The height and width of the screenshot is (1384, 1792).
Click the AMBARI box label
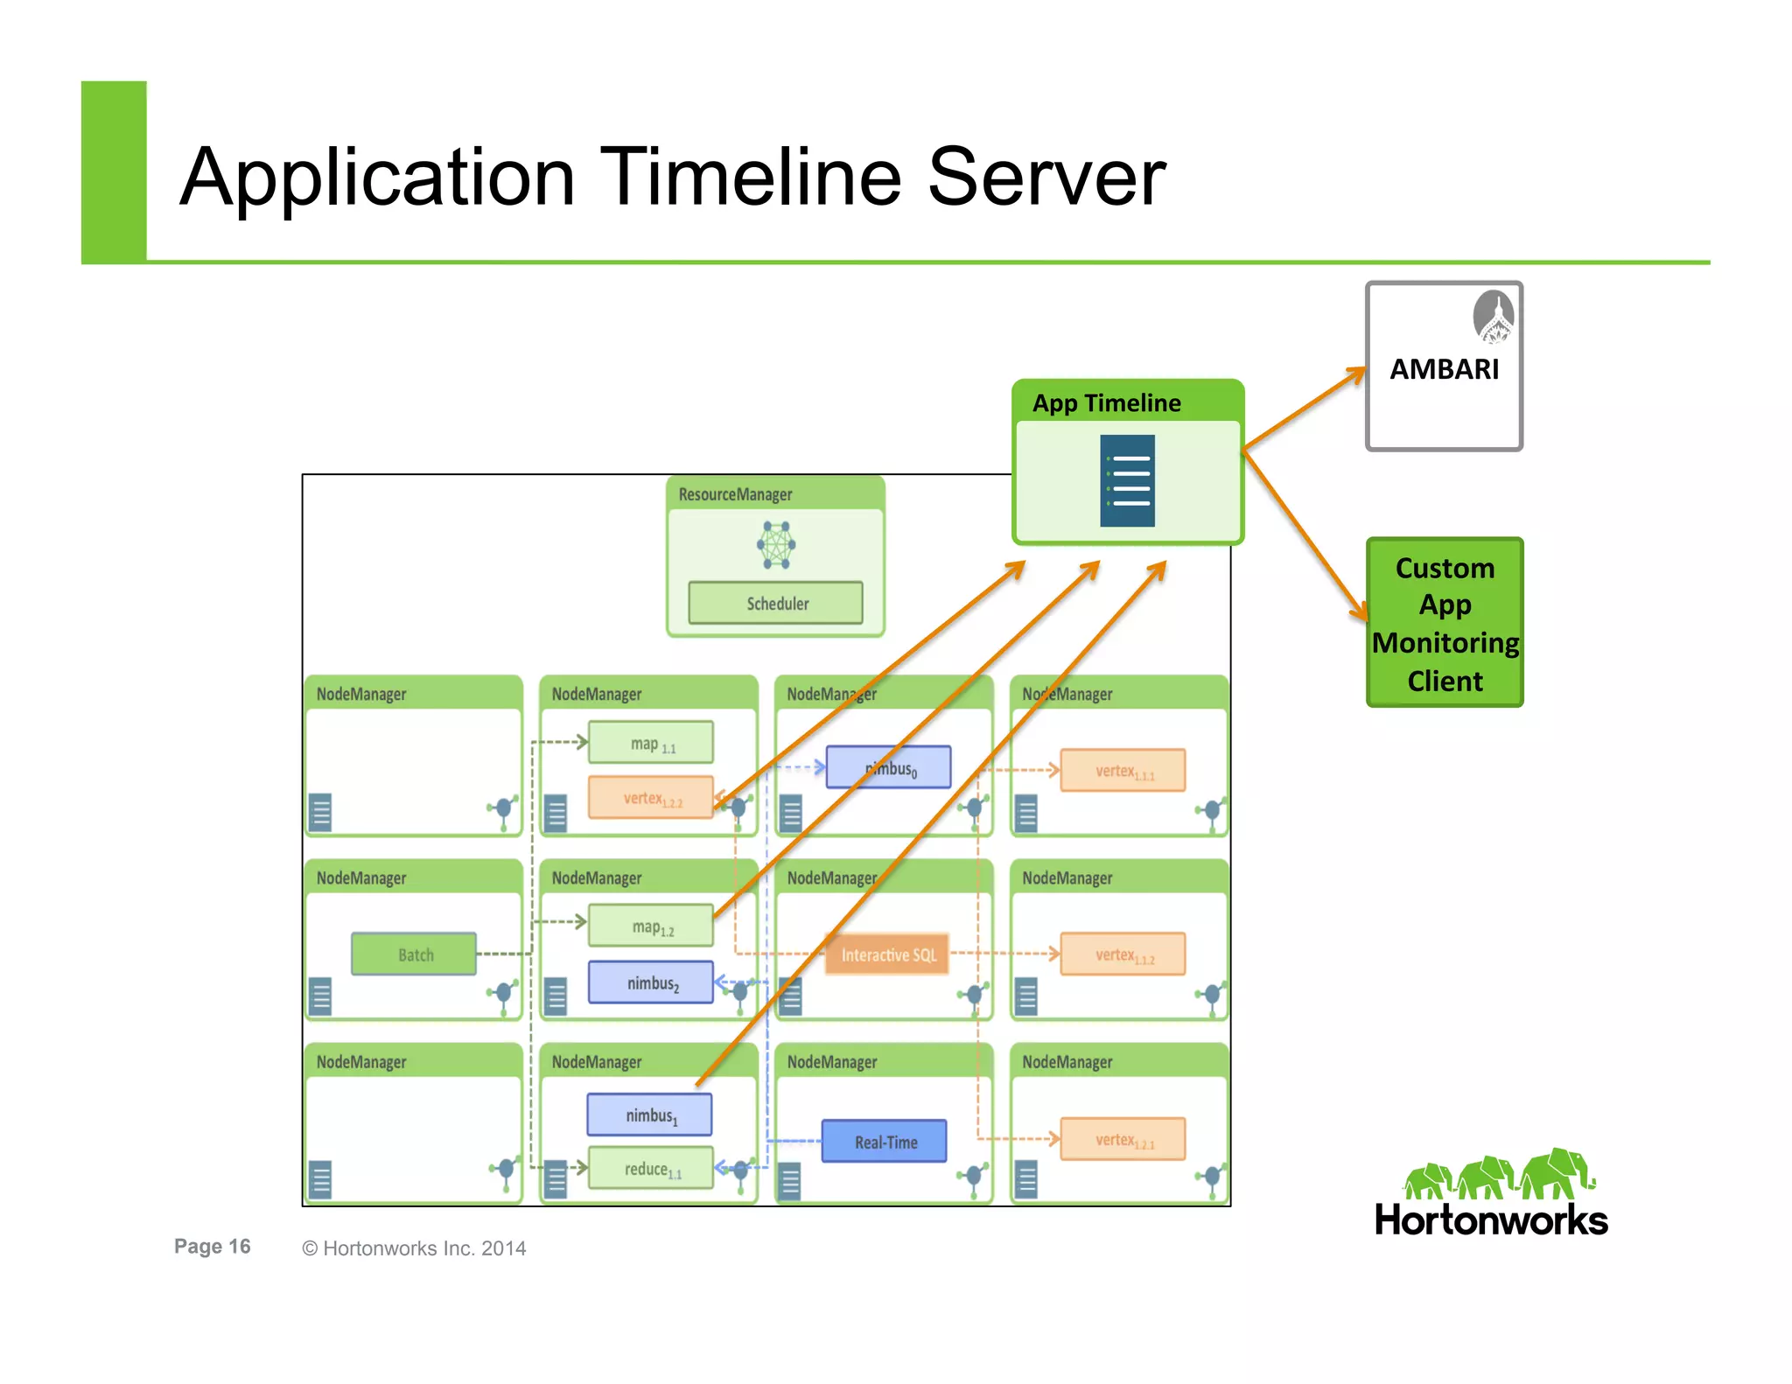point(1444,369)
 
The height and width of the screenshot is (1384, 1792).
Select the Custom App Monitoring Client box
point(1445,623)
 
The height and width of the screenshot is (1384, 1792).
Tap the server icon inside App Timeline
point(1127,480)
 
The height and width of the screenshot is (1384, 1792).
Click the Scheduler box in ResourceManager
point(776,604)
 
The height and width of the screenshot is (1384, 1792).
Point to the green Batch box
point(415,954)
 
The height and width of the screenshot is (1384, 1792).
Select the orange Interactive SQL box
point(888,954)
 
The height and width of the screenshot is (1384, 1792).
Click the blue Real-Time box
point(885,1142)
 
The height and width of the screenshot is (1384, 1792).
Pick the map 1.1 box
point(651,743)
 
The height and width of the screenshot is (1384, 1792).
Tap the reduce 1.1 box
point(651,1169)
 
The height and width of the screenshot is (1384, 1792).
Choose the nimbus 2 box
point(651,982)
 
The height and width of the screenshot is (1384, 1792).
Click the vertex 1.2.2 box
point(651,798)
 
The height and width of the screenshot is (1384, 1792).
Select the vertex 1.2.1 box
point(1123,1139)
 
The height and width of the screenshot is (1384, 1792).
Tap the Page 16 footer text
point(212,1247)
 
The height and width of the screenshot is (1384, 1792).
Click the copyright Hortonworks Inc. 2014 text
point(414,1248)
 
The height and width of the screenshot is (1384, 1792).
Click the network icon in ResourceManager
point(776,545)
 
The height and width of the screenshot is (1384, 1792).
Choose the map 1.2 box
point(651,926)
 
